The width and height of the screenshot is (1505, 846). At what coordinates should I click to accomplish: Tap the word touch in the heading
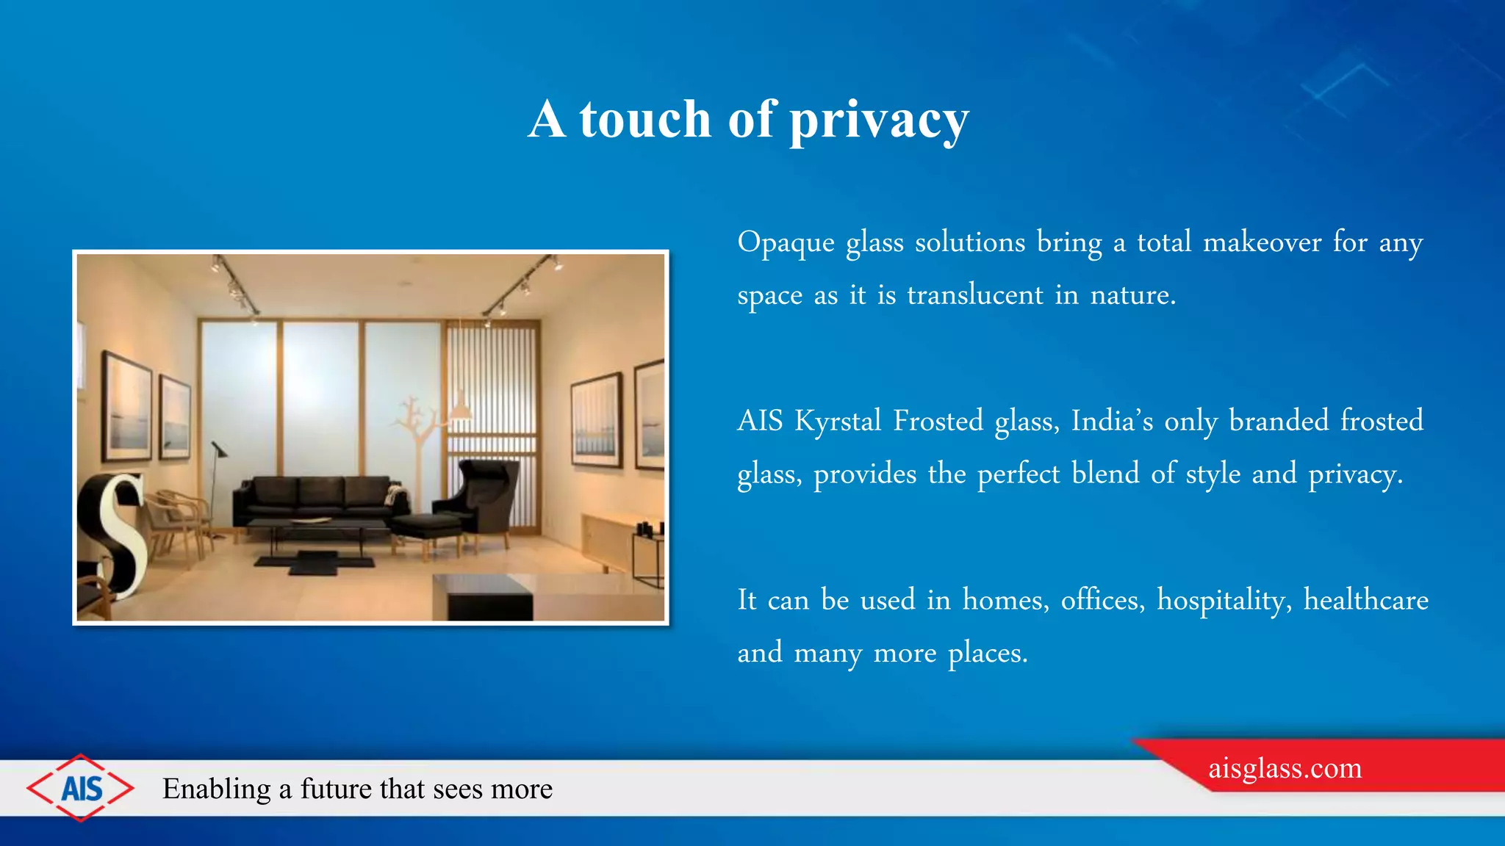644,120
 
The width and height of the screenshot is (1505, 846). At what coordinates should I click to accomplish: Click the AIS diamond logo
81,788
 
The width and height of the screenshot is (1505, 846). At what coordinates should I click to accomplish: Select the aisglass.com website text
1285,768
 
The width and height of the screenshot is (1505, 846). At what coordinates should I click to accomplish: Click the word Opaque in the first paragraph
786,243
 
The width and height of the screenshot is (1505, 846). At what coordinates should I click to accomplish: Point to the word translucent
974,295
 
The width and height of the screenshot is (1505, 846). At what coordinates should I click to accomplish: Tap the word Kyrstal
838,422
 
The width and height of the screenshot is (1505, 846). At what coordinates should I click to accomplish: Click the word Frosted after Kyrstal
938,422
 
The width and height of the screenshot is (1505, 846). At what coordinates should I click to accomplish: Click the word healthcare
1365,601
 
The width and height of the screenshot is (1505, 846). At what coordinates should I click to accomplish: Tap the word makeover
1262,242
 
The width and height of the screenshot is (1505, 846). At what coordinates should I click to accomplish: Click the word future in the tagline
335,789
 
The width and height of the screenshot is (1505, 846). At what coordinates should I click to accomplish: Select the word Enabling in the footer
216,789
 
